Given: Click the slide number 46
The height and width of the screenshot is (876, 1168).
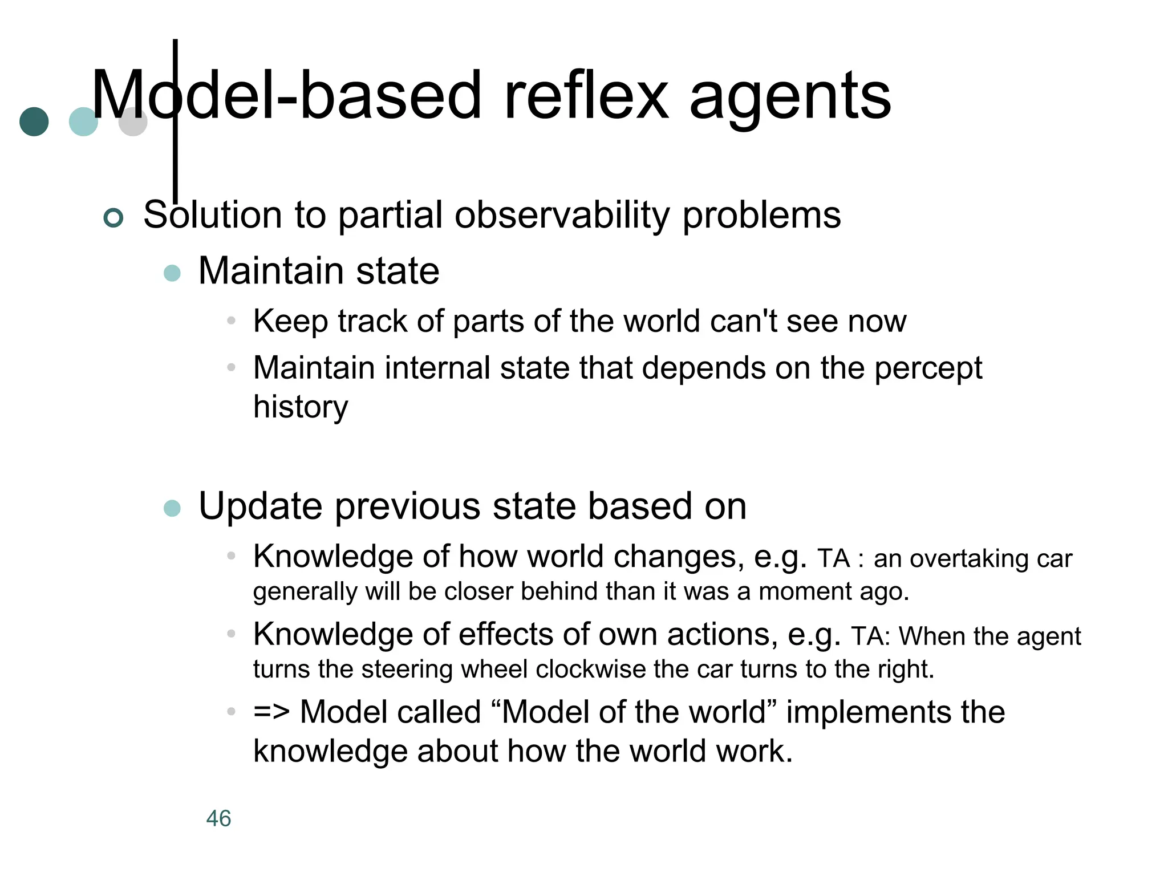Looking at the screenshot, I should (218, 818).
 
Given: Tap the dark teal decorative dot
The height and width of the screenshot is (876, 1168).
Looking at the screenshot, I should (34, 121).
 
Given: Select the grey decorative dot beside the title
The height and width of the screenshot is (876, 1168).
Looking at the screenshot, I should (133, 121).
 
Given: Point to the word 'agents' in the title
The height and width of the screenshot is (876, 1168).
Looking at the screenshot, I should (790, 97).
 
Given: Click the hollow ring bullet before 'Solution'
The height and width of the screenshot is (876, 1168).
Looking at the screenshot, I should (113, 217).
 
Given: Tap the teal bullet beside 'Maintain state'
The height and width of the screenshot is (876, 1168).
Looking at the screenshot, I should (172, 273).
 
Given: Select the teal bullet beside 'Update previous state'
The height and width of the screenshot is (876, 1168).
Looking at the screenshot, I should (172, 508).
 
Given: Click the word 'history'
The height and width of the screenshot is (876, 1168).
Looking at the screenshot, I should (301, 407).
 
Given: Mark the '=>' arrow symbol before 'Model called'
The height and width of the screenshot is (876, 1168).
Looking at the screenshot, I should (271, 712).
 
